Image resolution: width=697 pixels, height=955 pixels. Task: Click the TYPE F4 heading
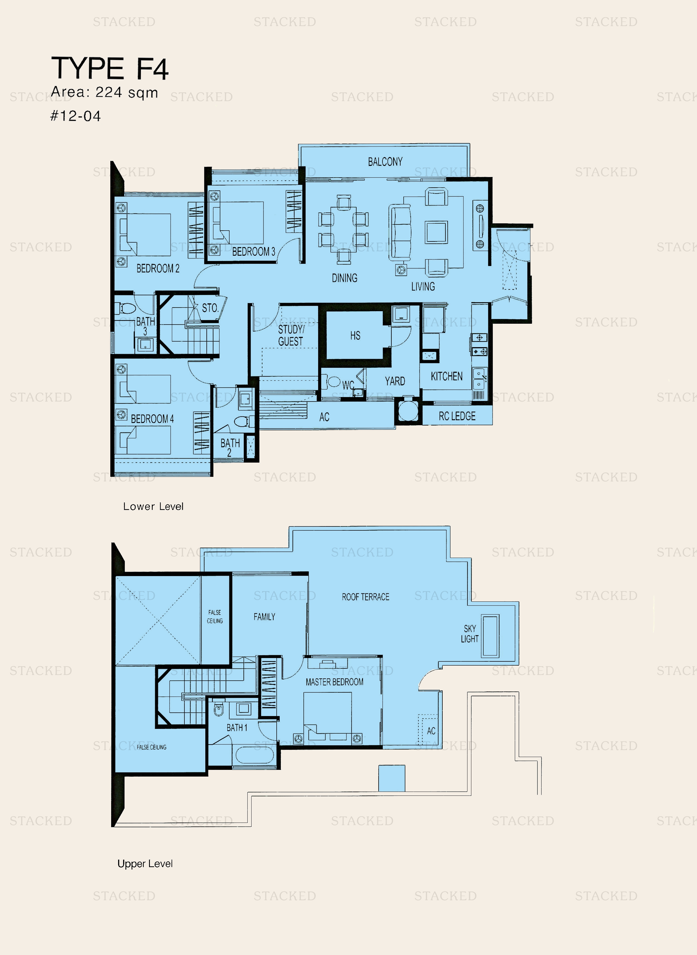[x=110, y=68]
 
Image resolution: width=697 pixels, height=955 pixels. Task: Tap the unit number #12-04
[x=75, y=116]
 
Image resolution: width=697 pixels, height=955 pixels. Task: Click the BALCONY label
[x=385, y=162]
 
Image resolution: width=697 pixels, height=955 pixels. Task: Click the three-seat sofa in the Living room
[x=399, y=232]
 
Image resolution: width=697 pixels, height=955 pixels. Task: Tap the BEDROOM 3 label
[x=254, y=252]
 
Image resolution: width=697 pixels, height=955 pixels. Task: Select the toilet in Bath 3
[x=127, y=308]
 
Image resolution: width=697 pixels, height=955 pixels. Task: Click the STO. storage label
[x=210, y=308]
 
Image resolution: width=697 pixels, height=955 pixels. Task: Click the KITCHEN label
[x=446, y=376]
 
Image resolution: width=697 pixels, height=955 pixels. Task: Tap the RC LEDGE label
[x=457, y=416]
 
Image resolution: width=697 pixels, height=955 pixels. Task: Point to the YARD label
[x=395, y=381]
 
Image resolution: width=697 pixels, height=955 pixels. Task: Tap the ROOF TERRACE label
[x=365, y=596]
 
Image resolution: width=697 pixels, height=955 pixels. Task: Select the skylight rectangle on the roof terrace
[x=490, y=636]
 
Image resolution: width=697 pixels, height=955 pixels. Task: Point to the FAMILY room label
[x=264, y=617]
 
